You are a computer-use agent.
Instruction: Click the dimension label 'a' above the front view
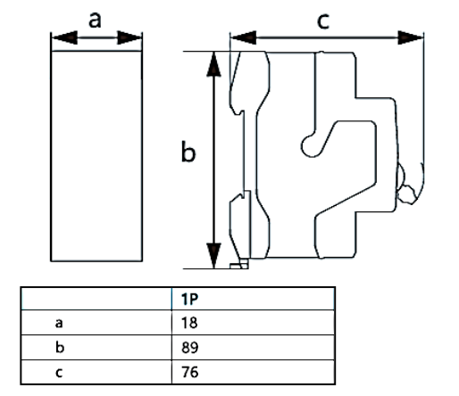96,19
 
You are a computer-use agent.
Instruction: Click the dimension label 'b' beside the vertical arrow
188,154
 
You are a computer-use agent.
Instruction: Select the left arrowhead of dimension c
238,38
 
